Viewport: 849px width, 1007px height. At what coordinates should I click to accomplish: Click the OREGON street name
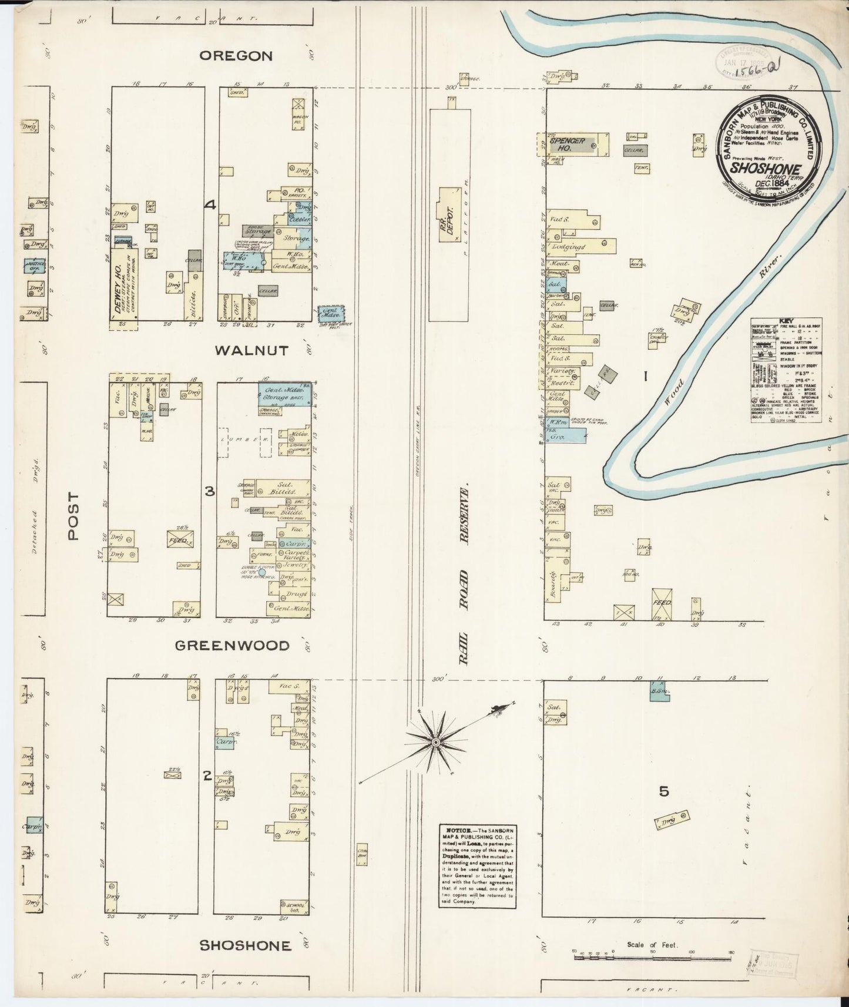click(236, 56)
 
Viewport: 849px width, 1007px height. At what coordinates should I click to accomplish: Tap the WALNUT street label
click(251, 351)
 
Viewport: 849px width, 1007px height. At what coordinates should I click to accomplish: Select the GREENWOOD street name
click(232, 646)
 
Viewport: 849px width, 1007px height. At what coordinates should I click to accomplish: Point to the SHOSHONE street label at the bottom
click(245, 945)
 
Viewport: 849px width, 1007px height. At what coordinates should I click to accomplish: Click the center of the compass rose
click(435, 743)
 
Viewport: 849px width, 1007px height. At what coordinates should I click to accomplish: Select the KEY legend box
click(786, 370)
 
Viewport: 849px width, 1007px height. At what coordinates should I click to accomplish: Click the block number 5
click(664, 791)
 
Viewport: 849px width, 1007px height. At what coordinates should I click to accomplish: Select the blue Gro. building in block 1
click(565, 435)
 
